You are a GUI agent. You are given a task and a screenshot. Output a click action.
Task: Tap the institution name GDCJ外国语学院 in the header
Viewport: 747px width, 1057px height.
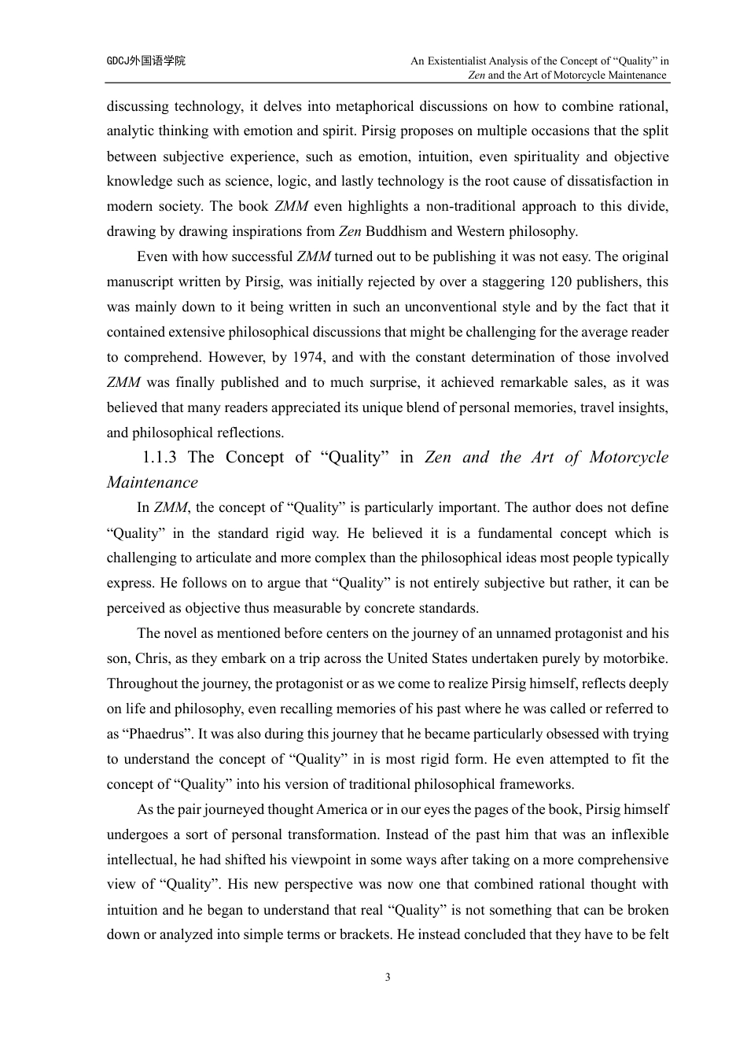click(x=146, y=61)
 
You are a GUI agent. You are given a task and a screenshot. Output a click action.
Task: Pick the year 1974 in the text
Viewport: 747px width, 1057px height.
click(x=307, y=357)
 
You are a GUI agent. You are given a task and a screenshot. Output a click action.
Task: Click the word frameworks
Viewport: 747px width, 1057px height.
click(x=539, y=784)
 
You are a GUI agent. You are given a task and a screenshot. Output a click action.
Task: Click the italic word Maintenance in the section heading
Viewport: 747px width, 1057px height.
click(x=153, y=482)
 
